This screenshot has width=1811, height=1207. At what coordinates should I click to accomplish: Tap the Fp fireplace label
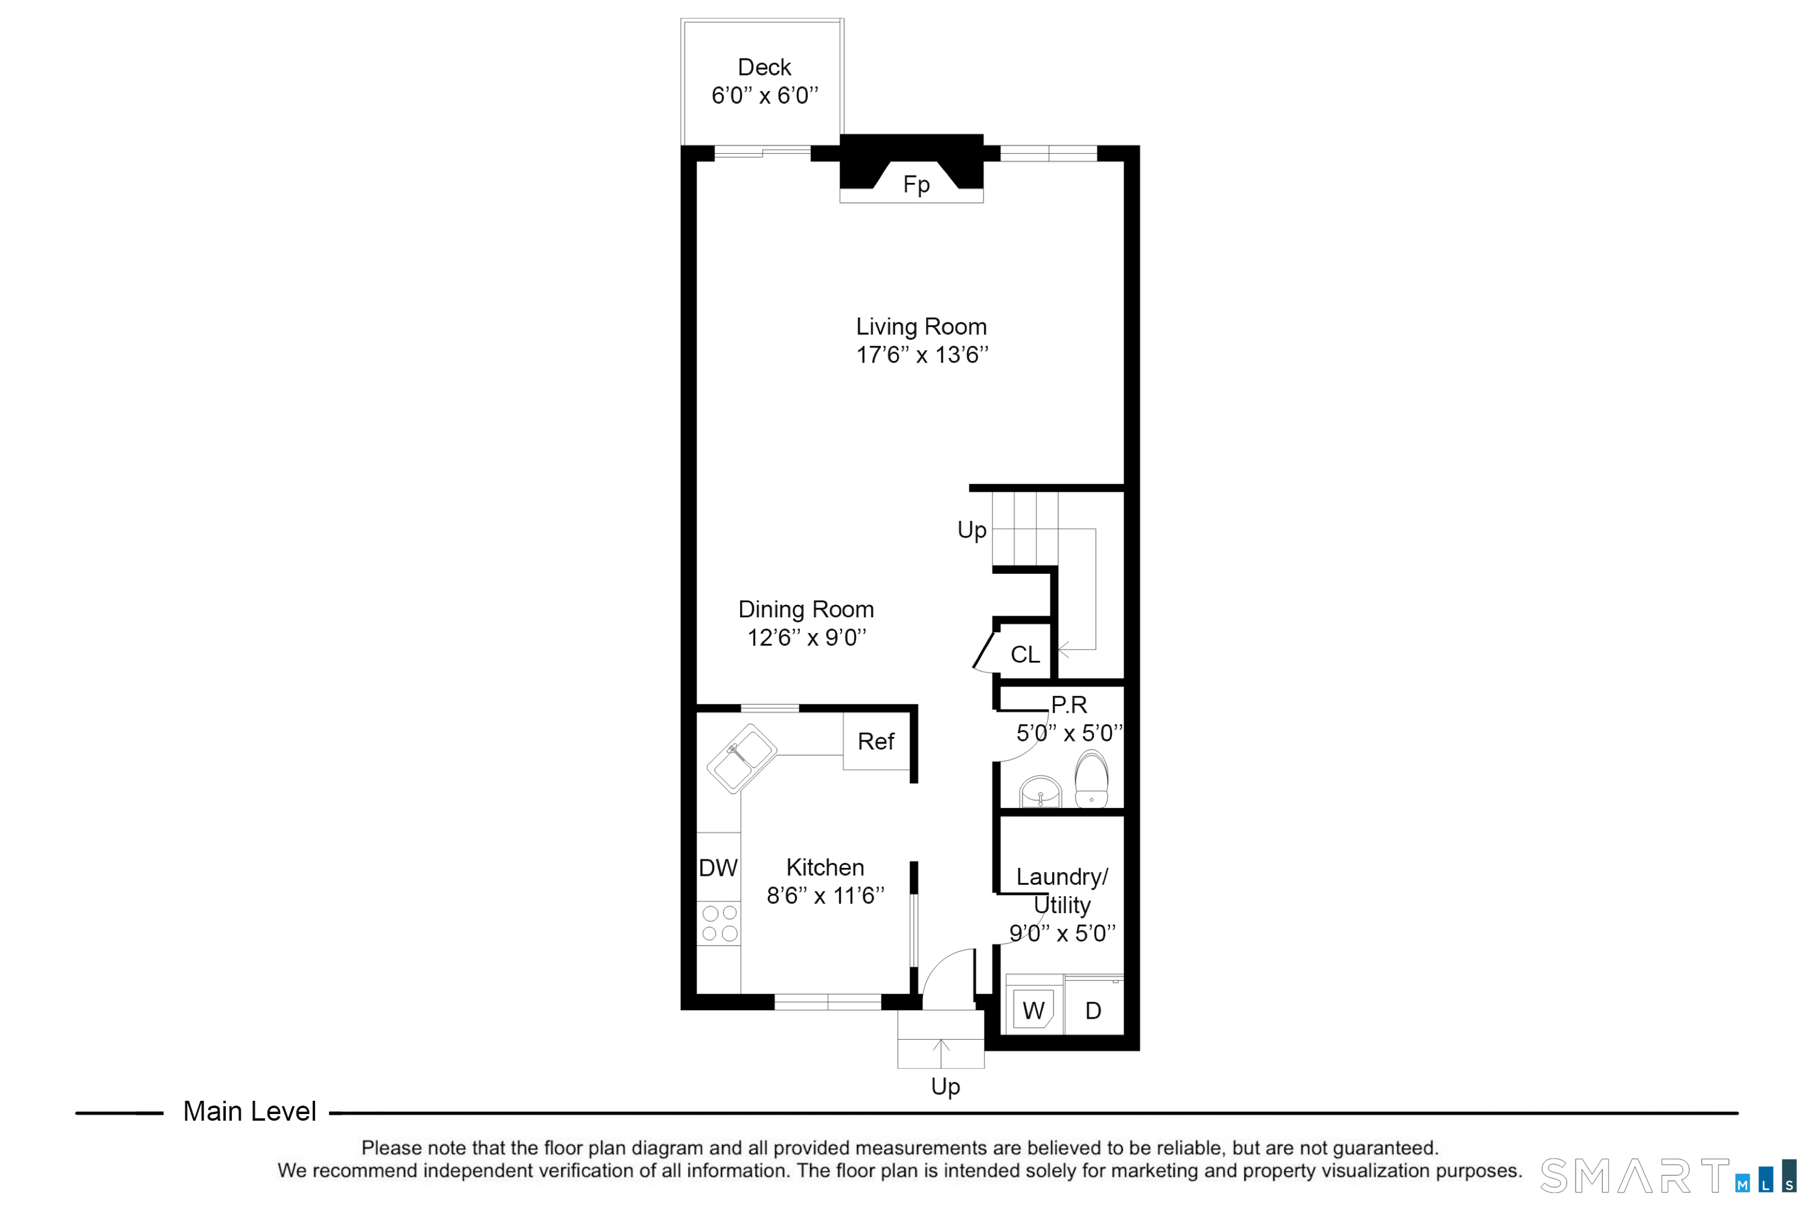click(916, 185)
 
